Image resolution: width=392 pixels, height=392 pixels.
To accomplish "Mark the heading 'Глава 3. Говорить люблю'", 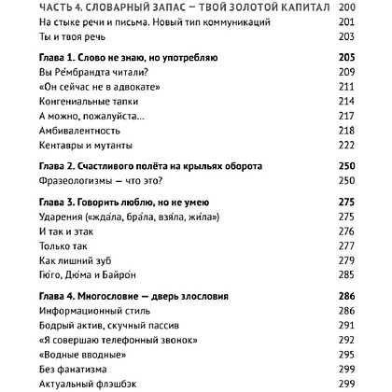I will (134, 202).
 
